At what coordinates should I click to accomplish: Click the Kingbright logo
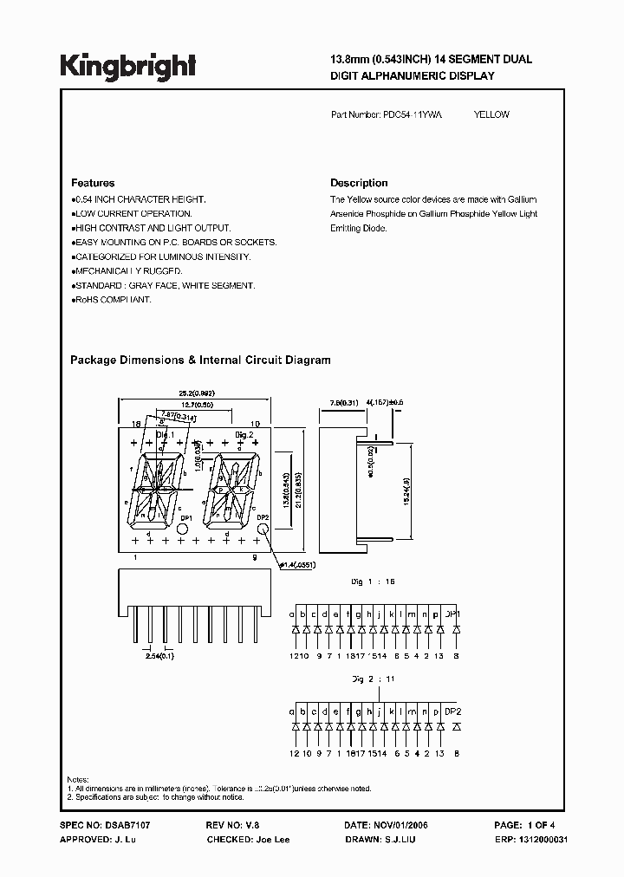(127, 65)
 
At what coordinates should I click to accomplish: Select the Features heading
(93, 183)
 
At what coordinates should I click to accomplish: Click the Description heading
(359, 183)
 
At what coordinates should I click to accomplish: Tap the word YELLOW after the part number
(491, 114)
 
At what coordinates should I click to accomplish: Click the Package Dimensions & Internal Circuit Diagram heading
(200, 360)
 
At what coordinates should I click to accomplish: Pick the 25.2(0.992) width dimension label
(196, 393)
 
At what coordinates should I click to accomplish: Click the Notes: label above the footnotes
(77, 779)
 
